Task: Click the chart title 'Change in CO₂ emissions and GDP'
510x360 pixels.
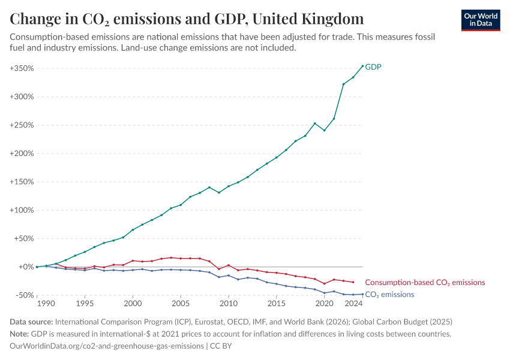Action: coord(187,19)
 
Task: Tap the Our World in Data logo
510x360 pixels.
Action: coord(480,19)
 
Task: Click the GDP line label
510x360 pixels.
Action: coord(373,67)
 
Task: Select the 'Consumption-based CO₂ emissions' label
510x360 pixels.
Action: coord(425,282)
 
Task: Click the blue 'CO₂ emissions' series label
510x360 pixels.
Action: coord(389,295)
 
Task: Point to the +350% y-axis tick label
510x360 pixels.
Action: coord(21,68)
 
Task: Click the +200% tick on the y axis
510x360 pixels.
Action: coord(21,154)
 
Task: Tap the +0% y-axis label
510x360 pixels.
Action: coord(25,267)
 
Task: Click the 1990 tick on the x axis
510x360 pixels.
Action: coord(46,304)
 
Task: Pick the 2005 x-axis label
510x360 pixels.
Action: coord(181,304)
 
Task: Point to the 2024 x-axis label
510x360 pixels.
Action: coord(353,304)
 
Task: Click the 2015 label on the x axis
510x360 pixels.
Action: coord(276,304)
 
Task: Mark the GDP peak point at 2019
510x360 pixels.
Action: coord(314,124)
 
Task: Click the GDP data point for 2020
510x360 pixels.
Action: coord(324,130)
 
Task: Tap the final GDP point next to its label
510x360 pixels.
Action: coord(362,66)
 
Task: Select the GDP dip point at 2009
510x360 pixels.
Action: coord(219,193)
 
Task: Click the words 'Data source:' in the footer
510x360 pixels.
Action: coord(29,322)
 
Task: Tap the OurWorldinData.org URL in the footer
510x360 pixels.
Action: coord(106,346)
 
